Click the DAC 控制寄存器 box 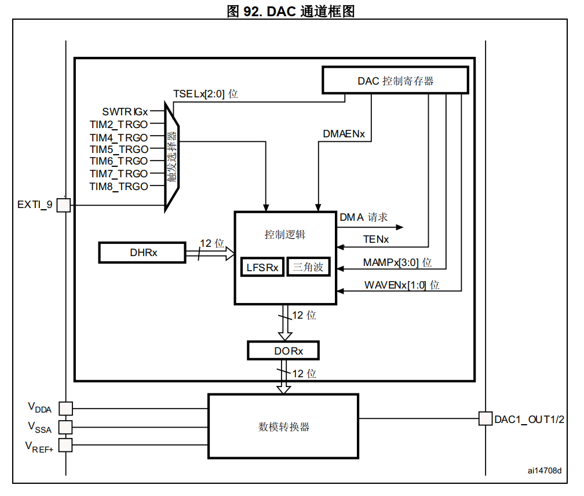(395, 81)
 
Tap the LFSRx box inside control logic (262, 267)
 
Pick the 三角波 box (308, 267)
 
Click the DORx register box (283, 351)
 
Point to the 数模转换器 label (283, 427)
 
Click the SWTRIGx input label (125, 111)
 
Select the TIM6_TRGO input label (119, 161)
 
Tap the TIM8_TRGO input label (119, 186)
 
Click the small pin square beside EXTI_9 (64, 205)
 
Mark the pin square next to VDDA (66, 409)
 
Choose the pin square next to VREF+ (66, 445)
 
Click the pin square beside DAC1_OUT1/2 (485, 418)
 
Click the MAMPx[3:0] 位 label (397, 262)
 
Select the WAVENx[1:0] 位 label (402, 285)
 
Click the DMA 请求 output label (363, 217)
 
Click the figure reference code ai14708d (544, 471)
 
